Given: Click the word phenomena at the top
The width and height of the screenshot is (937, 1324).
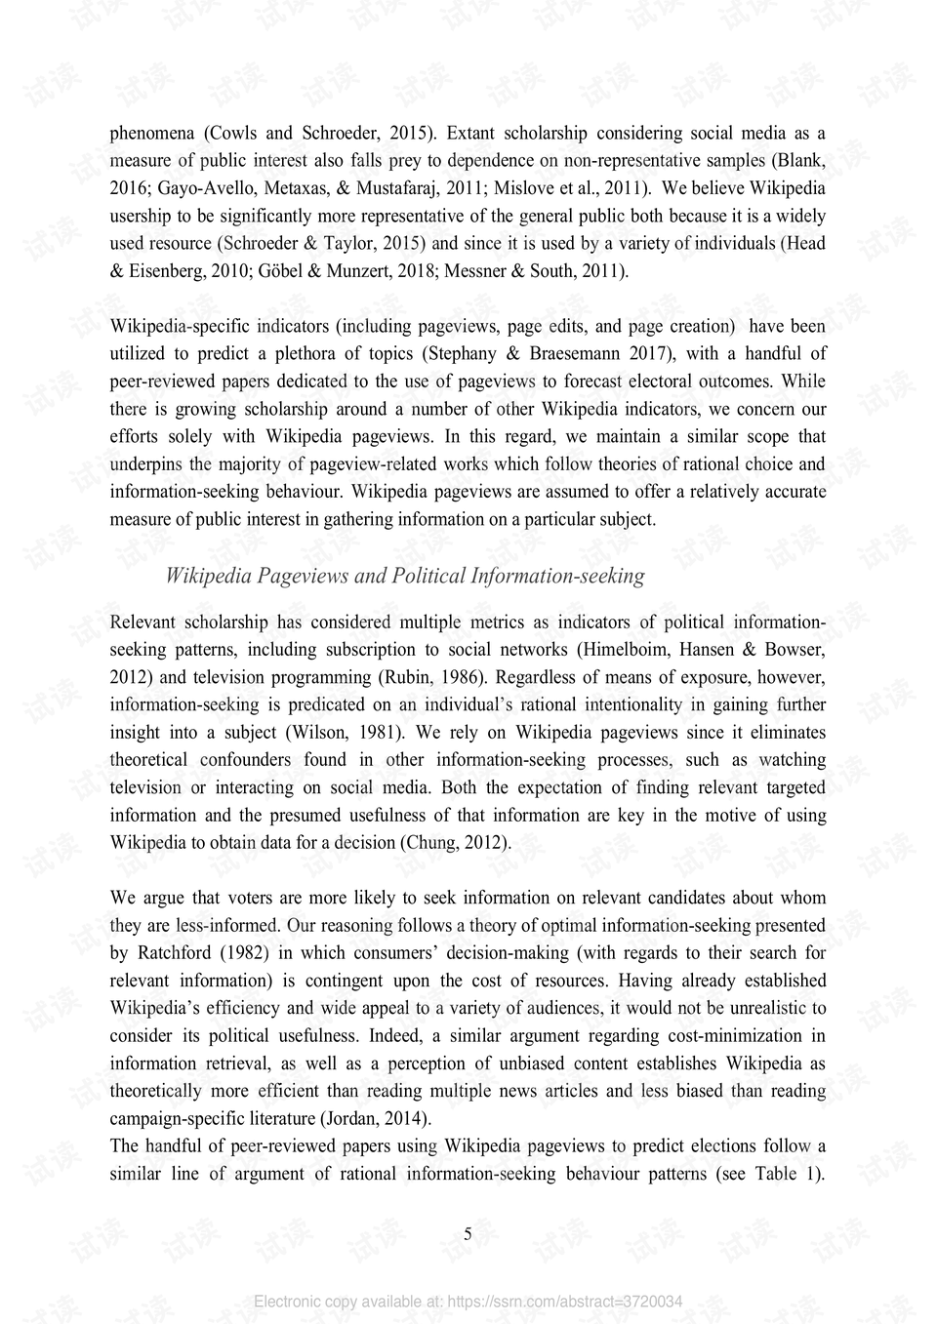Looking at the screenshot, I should pos(152,133).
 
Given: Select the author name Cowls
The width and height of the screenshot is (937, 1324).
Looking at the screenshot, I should pos(233,133).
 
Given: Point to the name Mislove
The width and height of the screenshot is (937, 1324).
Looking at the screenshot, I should pos(525,188).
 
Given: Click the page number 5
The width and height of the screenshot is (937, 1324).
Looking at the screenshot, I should pos(468,1235).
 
